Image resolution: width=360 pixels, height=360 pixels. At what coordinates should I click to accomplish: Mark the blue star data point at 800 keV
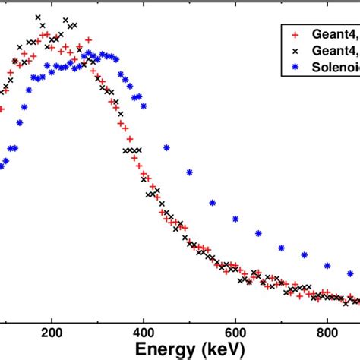(327, 266)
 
